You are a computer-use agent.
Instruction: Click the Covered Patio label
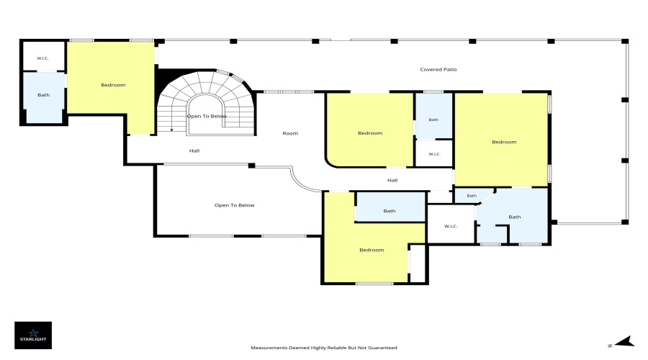coord(438,69)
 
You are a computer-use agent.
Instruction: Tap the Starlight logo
coord(33,336)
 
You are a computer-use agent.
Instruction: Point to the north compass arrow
coord(624,342)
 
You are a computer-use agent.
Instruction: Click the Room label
coord(290,133)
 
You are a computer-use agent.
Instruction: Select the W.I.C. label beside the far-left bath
coord(42,58)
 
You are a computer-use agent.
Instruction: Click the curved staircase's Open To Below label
coord(207,116)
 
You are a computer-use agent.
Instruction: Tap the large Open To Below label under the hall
coord(234,205)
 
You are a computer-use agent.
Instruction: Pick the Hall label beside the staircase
coord(194,150)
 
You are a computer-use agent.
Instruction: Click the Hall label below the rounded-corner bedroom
coord(392,180)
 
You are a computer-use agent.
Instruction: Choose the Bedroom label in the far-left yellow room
coord(113,85)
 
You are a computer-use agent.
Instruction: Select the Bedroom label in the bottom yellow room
coord(372,250)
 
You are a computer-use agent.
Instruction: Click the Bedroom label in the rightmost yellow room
coord(504,142)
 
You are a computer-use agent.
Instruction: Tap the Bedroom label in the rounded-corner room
coord(370,133)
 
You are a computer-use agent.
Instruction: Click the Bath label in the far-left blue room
coord(44,94)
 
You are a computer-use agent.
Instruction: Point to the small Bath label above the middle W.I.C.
coord(433,120)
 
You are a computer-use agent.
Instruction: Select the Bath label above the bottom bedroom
coord(390,211)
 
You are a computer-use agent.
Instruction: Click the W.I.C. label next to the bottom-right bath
coord(451,226)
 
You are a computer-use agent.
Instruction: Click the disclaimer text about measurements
coord(324,348)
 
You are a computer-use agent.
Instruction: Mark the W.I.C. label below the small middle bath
coord(434,154)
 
